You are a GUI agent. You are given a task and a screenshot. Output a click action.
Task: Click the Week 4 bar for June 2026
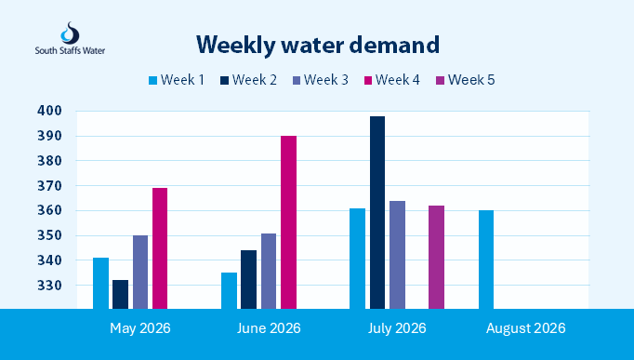(289, 222)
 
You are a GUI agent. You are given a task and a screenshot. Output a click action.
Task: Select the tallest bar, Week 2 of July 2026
(377, 212)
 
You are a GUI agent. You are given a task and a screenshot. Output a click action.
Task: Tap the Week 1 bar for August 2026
(486, 260)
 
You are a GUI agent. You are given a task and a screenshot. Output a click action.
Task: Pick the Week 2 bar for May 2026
(121, 294)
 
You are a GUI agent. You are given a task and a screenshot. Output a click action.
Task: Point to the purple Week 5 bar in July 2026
(436, 258)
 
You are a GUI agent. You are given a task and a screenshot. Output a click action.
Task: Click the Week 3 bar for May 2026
(140, 272)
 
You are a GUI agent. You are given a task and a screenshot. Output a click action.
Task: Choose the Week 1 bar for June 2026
(230, 290)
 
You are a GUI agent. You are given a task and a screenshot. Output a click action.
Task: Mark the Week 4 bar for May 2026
(160, 248)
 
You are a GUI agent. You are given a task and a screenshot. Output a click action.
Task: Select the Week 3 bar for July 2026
(398, 255)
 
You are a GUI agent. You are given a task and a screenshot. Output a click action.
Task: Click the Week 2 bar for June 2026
(248, 279)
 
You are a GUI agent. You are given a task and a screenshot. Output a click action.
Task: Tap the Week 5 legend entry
(466, 80)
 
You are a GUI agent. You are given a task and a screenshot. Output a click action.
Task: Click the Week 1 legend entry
(177, 80)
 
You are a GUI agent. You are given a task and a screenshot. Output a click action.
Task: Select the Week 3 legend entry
(320, 80)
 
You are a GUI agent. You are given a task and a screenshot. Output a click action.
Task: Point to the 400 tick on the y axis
(49, 111)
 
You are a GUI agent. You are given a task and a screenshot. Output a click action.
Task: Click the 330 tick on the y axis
(49, 286)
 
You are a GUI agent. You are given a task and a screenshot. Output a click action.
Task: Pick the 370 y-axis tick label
(49, 186)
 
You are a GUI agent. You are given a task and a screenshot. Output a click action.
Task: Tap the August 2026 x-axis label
(525, 328)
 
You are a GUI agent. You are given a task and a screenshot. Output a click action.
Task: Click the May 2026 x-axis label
(140, 328)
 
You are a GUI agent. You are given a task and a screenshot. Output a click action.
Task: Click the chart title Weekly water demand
(318, 45)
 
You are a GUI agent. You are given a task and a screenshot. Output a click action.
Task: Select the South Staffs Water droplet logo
(70, 33)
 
